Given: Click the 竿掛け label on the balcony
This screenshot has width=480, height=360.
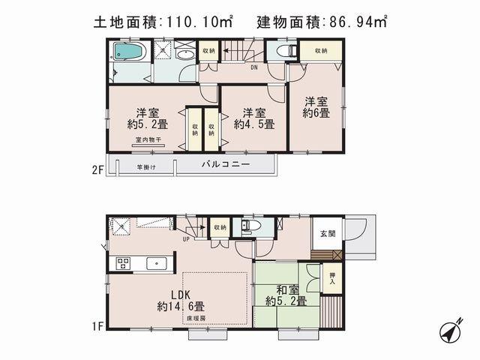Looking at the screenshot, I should (145, 166).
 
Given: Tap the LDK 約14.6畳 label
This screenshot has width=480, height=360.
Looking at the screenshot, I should (181, 300).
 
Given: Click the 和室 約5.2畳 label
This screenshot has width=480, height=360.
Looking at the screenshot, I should (286, 294).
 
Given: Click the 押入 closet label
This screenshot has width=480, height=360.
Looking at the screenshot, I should (333, 278).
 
